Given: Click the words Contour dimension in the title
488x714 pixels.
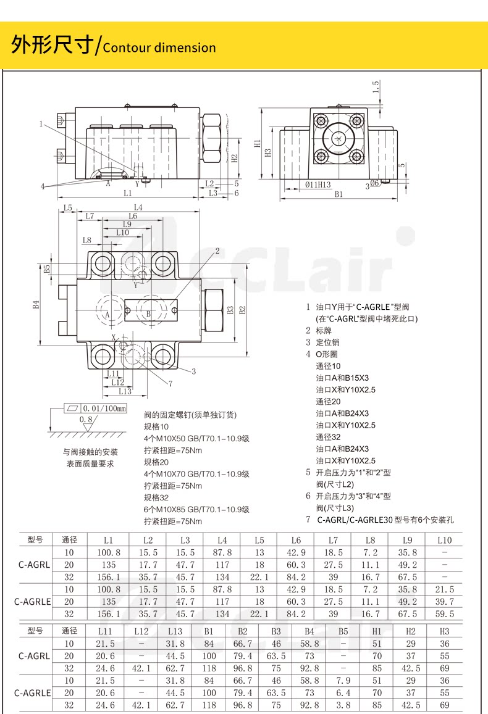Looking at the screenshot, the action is coord(159,48).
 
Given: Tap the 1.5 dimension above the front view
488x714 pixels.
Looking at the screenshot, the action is coord(376,87).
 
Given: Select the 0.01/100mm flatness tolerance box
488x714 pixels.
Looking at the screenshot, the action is coord(95,408).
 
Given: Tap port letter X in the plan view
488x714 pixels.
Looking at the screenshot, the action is coord(114,337).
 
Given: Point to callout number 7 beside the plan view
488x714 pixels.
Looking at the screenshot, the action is coord(170,383).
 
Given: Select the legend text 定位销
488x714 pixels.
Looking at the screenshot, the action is coord(327,342).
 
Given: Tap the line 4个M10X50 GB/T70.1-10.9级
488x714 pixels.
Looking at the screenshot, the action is coord(196,438).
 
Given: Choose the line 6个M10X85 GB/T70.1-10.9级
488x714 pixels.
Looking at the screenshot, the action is coord(196,509).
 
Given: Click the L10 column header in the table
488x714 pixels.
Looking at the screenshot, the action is coord(444,540).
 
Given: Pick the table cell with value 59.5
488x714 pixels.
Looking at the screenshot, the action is coord(444,613).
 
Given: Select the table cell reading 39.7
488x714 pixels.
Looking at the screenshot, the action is coord(444,601).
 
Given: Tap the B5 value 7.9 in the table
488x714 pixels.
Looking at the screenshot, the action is coord(343,680).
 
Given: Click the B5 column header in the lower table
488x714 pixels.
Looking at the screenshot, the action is coord(343,631).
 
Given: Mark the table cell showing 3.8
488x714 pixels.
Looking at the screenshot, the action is coord(343,704).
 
